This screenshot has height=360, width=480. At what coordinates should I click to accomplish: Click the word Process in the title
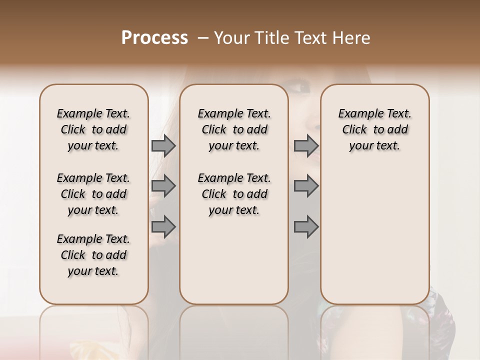tap(154, 38)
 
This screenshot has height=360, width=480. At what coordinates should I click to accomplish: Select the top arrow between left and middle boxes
tap(163, 145)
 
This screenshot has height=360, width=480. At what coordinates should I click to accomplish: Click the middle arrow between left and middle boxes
tap(163, 186)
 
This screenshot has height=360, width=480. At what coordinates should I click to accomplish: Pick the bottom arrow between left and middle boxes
tap(163, 226)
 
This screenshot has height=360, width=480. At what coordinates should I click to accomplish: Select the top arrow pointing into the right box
tap(306, 145)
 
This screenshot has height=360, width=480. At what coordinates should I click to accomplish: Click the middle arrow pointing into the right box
tap(306, 186)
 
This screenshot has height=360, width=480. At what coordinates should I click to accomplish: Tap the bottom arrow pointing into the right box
tap(306, 226)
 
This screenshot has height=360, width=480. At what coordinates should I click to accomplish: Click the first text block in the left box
tap(93, 129)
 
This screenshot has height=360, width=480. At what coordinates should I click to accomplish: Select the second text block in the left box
tap(93, 194)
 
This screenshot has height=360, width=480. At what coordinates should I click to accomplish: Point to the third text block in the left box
tap(93, 255)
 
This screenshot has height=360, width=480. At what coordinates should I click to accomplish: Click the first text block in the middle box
tap(234, 129)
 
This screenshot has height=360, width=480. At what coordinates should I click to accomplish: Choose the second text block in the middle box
tap(234, 194)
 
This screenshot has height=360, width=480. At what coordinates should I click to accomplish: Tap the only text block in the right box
tap(374, 129)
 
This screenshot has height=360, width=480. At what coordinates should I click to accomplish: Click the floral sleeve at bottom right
tap(442, 320)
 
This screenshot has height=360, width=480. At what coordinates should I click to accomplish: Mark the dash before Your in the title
tap(203, 38)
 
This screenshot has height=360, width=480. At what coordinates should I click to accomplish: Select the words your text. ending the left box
tap(93, 271)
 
